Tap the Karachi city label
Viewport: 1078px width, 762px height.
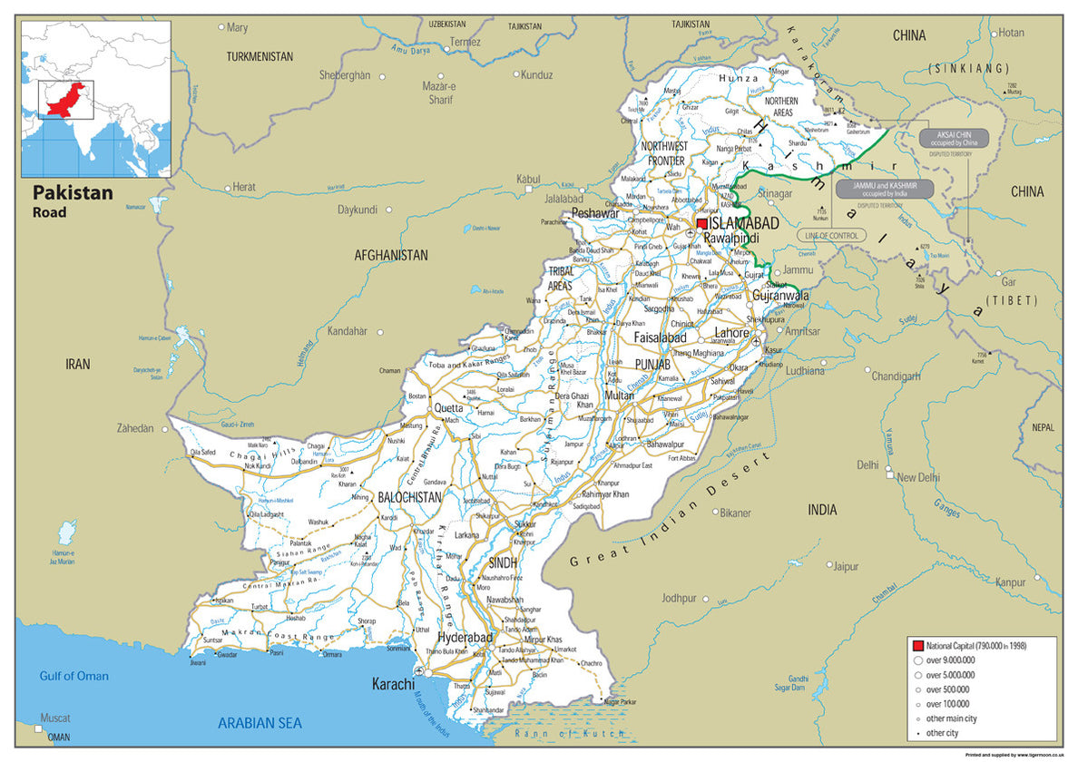click(x=393, y=683)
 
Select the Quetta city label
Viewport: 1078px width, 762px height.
click(x=448, y=408)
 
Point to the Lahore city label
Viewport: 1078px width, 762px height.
click(x=732, y=333)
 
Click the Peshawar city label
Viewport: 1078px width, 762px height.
click(x=595, y=214)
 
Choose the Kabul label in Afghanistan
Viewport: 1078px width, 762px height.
click(x=527, y=180)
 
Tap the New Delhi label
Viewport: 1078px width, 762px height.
click(x=918, y=477)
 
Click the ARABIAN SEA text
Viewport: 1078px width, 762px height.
click(x=260, y=723)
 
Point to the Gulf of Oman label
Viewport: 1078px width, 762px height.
click(x=73, y=676)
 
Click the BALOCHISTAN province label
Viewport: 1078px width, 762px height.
click(x=409, y=497)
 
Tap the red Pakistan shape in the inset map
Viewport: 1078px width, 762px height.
click(x=66, y=100)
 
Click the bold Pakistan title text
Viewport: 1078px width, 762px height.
click(x=73, y=192)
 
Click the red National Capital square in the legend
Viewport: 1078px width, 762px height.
click(x=917, y=645)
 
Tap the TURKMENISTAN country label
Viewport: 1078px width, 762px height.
click(x=260, y=56)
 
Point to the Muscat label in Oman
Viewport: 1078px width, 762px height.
click(x=55, y=717)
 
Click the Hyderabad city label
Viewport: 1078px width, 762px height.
click(x=465, y=638)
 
